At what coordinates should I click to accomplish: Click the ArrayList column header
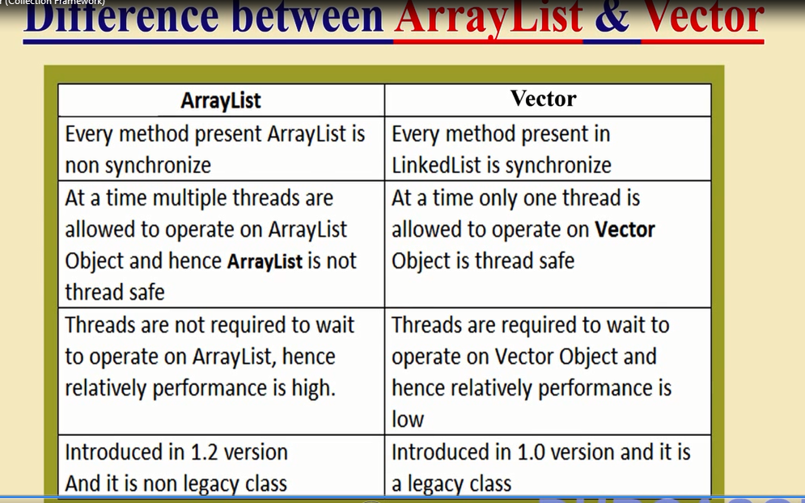[221, 100]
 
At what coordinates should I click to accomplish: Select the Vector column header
[543, 99]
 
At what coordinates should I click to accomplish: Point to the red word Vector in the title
[703, 18]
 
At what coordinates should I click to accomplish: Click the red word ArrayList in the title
[488, 18]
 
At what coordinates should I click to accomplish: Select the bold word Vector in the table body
[625, 230]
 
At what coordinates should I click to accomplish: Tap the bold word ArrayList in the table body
[265, 261]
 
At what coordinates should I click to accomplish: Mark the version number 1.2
[198, 452]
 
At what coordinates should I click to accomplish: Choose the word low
[408, 420]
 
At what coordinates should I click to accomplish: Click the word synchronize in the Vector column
[558, 166]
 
